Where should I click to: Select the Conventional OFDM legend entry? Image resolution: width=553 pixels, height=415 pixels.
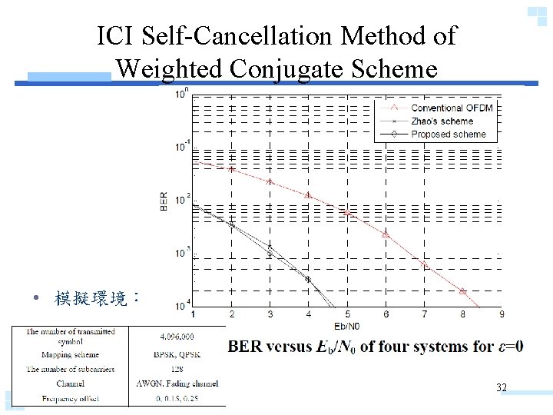click(x=451, y=108)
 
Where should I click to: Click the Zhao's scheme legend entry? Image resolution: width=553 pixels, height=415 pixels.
click(x=442, y=121)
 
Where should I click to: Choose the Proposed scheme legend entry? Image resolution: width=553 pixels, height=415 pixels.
click(x=448, y=134)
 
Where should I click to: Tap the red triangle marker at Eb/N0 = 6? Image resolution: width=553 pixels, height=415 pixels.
click(x=386, y=234)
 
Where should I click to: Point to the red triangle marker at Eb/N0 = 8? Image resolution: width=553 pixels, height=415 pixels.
click(x=462, y=290)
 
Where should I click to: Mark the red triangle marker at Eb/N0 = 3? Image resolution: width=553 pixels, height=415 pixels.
click(x=270, y=181)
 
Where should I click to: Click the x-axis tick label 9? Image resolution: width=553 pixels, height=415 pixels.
click(x=502, y=314)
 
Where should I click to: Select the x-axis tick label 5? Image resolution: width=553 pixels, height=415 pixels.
click(x=347, y=314)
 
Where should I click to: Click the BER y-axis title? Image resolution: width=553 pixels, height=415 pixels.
click(x=164, y=201)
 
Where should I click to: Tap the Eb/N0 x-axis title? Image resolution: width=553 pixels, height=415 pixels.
click(x=347, y=324)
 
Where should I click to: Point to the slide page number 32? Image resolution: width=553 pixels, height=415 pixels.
click(x=502, y=388)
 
